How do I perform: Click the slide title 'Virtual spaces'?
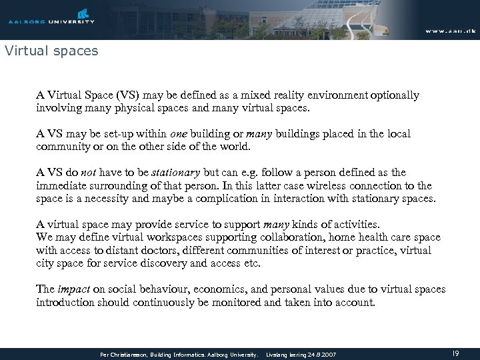(x=51, y=50)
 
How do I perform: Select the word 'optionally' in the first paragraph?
(x=396, y=95)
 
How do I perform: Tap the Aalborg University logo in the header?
(x=52, y=17)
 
